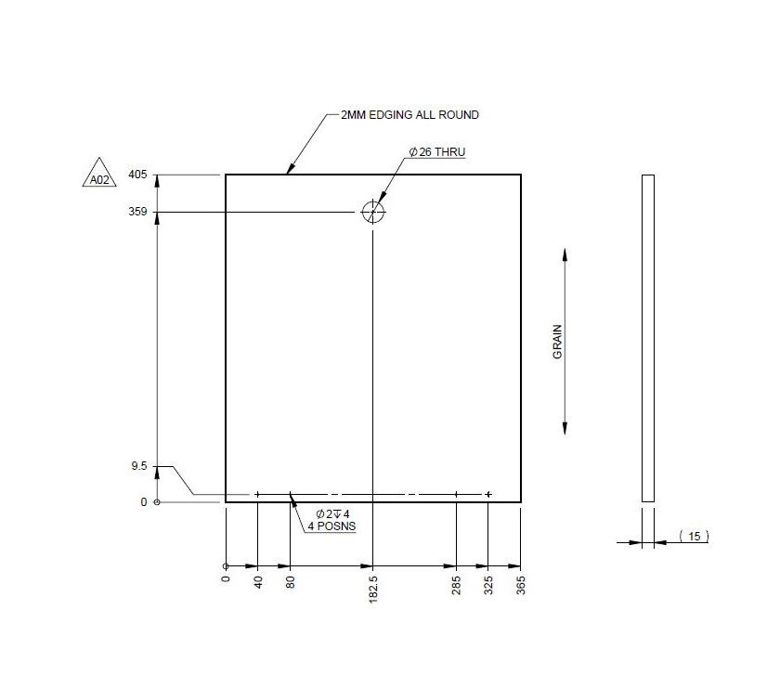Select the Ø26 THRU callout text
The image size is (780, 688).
tap(436, 151)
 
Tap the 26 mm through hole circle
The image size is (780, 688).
tap(372, 212)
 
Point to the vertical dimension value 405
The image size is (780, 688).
tap(137, 175)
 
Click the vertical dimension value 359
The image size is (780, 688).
tap(137, 212)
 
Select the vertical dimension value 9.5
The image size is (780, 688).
tap(138, 466)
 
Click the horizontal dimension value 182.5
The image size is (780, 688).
tap(373, 588)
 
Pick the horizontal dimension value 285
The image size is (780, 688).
tap(457, 586)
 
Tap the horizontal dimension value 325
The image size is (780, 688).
tap(488, 586)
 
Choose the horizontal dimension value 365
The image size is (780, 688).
tap(521, 586)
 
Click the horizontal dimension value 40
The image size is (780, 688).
tap(258, 582)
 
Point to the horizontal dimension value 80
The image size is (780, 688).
tap(291, 582)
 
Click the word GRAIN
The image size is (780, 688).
tap(558, 342)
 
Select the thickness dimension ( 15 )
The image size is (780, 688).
tap(693, 536)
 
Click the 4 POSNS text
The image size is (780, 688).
tap(332, 526)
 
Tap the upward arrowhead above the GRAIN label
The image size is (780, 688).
tap(565, 255)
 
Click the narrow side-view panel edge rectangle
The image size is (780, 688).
tap(648, 338)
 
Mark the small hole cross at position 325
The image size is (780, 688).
tap(488, 494)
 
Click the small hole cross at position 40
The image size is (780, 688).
tap(257, 494)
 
